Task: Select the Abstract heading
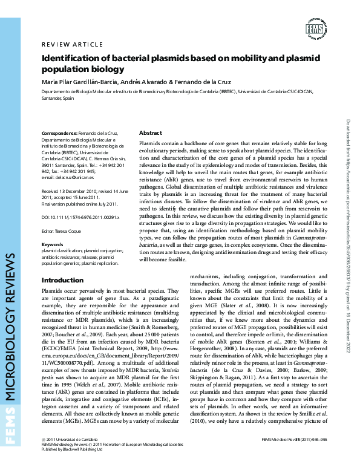[x=150, y=132]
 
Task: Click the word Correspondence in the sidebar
[x=59, y=133]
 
